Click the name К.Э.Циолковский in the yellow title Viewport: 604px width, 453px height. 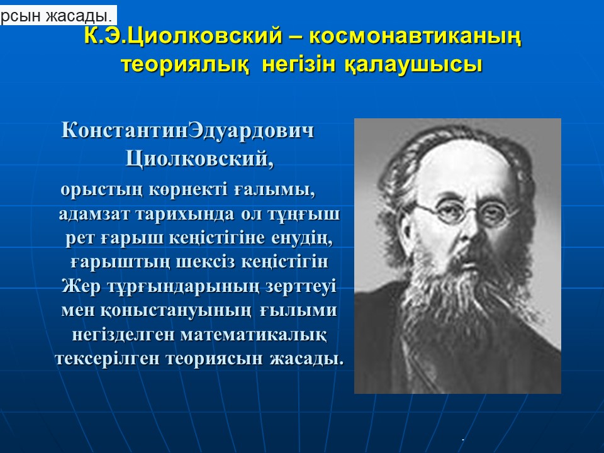(183, 36)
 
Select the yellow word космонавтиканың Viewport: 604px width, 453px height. (415, 37)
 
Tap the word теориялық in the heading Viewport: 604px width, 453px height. (184, 65)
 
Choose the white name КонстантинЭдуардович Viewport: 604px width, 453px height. (187, 131)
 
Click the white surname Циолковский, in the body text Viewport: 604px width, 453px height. (199, 159)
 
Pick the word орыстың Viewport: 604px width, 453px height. (101, 191)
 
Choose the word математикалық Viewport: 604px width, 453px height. (254, 335)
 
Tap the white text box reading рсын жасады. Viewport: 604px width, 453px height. (58, 15)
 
